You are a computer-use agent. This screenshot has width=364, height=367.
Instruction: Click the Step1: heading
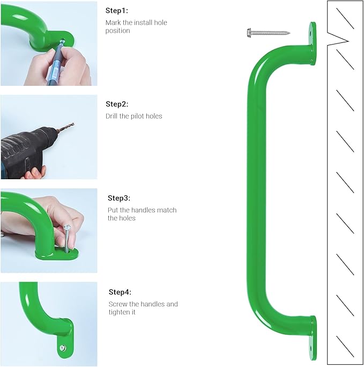117,11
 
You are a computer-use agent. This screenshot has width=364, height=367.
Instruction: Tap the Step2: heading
117,104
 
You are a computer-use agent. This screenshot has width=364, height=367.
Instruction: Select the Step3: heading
119,198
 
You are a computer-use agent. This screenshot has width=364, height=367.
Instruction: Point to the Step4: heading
120,292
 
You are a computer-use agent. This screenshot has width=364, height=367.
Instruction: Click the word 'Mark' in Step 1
113,23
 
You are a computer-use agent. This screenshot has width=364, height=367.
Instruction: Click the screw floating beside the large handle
269,33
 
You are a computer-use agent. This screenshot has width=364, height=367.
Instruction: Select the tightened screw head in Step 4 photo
62,348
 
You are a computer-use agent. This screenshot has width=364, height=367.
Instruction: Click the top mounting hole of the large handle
311,34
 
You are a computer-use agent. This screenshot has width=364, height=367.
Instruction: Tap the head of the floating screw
249,33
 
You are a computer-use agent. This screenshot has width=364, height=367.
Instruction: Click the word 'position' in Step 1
117,31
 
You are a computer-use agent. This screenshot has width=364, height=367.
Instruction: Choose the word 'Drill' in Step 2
112,116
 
